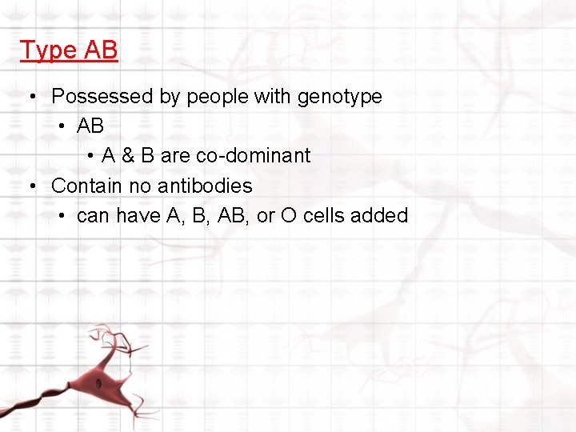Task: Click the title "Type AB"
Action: (69, 50)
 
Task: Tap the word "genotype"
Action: (339, 98)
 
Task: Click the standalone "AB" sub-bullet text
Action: (90, 126)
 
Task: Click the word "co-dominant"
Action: (253, 156)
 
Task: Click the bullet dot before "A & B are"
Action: (93, 156)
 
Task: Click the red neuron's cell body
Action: (102, 382)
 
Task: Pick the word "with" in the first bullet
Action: (274, 97)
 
